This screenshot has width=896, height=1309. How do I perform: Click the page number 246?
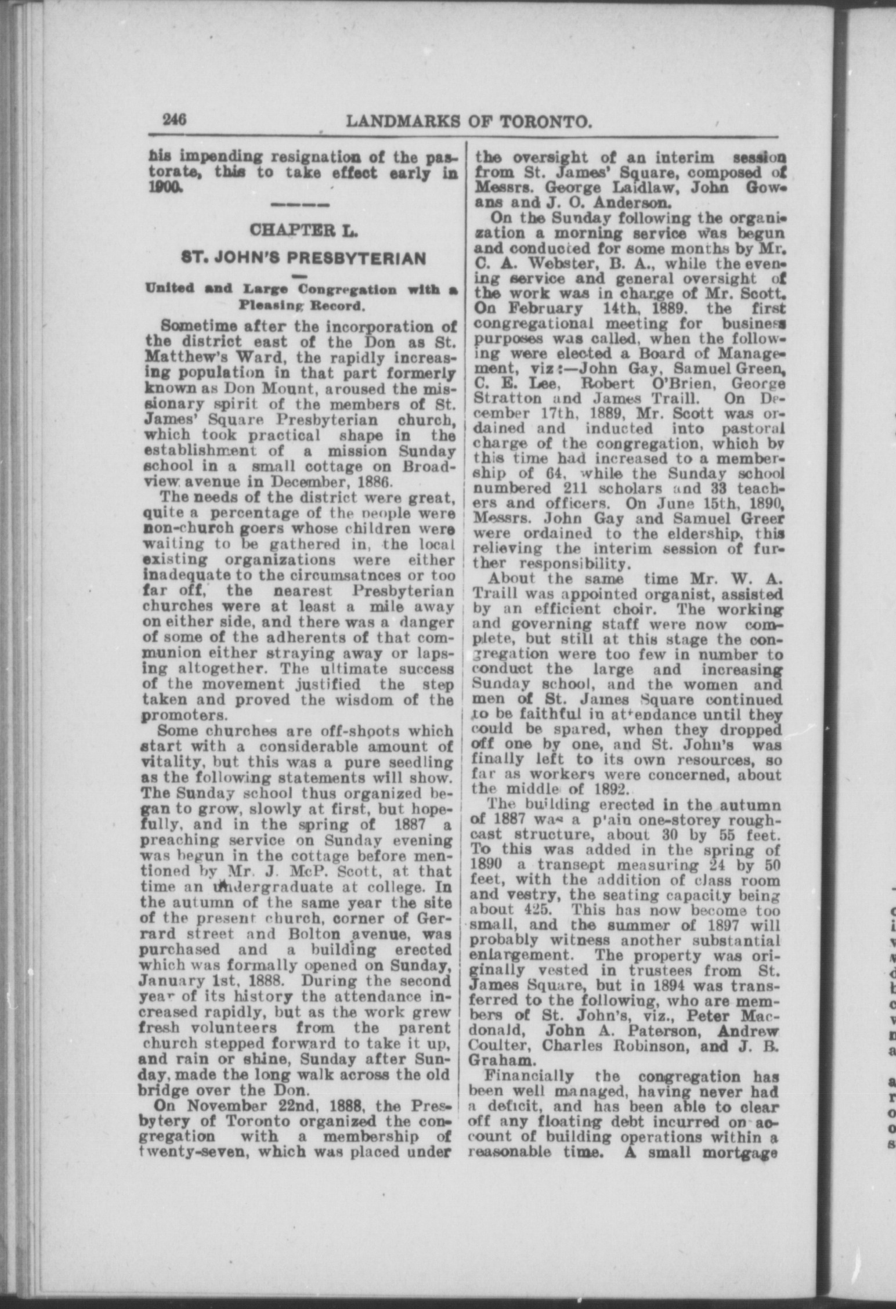174,120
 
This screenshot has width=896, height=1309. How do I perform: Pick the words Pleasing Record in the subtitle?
302,304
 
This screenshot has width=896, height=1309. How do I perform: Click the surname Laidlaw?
643,189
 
